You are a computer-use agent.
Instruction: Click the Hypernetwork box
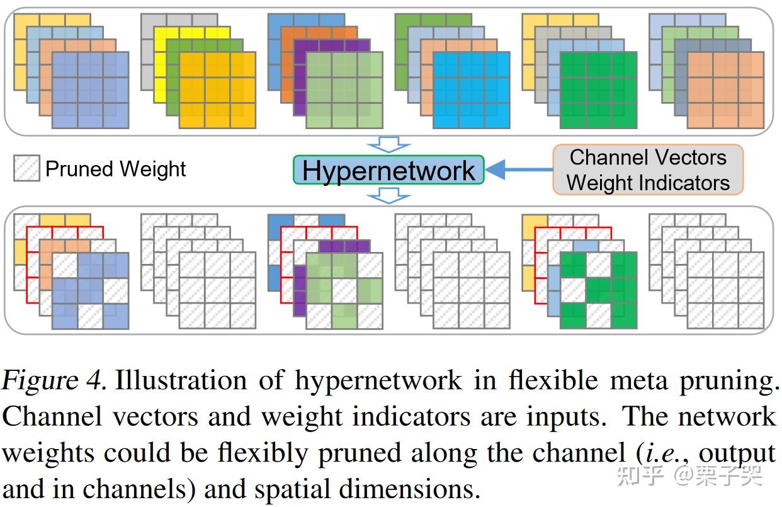coord(388,170)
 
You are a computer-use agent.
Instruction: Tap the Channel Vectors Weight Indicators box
coord(648,169)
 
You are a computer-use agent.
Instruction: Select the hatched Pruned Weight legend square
coord(26,169)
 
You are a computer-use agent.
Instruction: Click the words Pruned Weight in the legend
coord(116,169)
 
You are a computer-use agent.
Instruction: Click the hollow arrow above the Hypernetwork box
coord(388,145)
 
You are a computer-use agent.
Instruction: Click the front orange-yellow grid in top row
coord(217,90)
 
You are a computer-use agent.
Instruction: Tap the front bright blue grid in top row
coord(471,90)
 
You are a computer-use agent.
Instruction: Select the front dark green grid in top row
coord(598,90)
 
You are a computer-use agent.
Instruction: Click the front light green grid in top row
coord(344,90)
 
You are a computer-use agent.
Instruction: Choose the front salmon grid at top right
coord(725,90)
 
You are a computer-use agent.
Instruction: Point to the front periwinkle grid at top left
coord(90,90)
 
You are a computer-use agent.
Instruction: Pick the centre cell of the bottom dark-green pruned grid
coord(598,290)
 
